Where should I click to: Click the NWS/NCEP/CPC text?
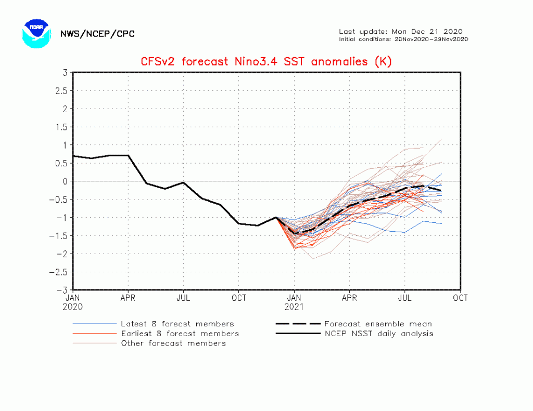coord(97,34)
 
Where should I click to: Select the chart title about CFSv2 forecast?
coord(266,62)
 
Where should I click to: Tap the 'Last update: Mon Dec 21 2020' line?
coord(400,31)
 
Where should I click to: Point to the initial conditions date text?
coord(403,39)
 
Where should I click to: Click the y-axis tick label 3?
coord(65,73)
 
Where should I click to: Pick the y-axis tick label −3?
coord(63,290)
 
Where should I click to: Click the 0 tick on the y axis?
coord(65,181)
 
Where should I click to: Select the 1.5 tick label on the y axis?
coord(61,127)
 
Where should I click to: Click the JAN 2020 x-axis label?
coord(72,302)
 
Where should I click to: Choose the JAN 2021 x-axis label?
coord(294,302)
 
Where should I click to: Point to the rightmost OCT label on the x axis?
coord(460,298)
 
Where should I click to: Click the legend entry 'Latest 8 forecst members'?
coord(177,324)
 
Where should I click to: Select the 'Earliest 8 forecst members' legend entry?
coord(180,334)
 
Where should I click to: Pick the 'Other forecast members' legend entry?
coord(173,343)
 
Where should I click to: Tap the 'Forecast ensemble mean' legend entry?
coord(378,324)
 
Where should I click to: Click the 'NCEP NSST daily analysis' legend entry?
coord(378,334)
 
